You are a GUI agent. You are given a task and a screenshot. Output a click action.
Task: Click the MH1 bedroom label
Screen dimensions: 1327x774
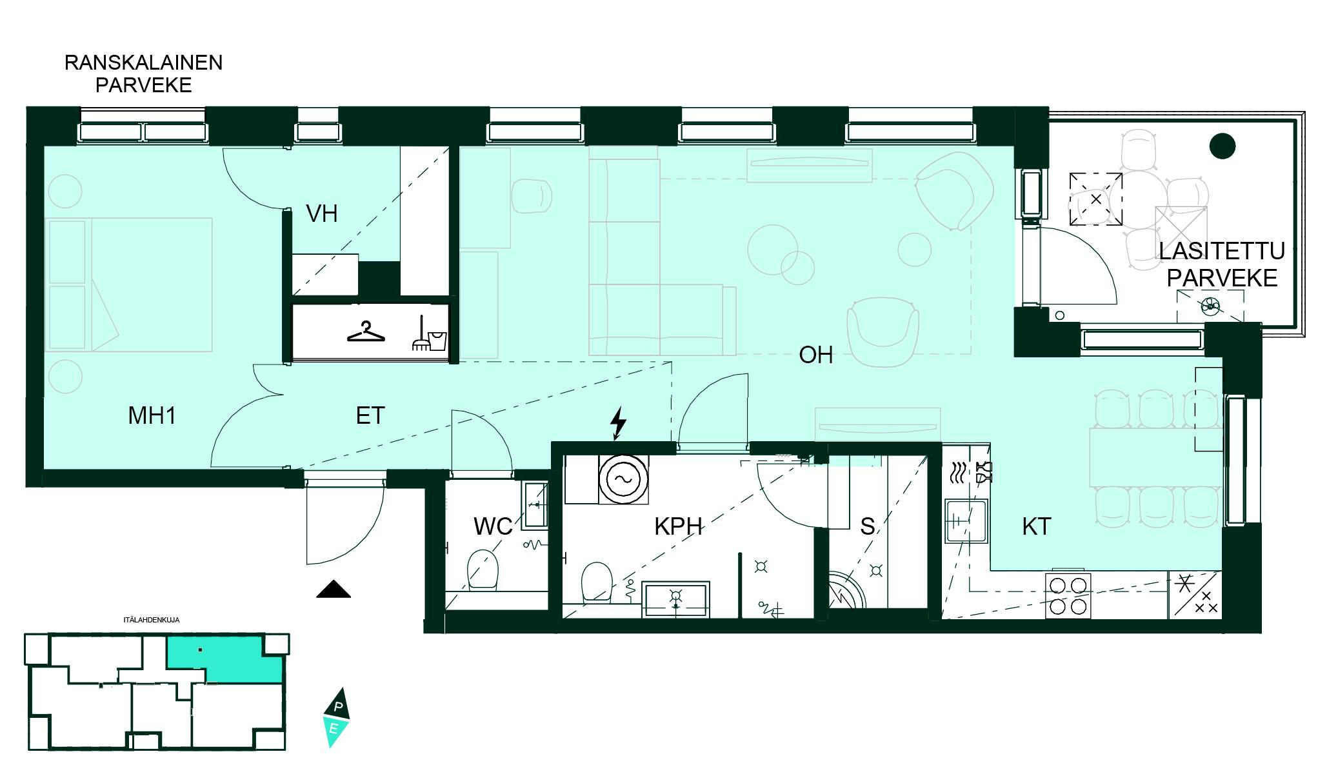point(152,415)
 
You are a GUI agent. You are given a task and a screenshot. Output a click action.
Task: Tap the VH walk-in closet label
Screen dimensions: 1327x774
point(321,213)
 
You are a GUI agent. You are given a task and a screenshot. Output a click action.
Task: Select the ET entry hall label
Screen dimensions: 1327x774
point(370,415)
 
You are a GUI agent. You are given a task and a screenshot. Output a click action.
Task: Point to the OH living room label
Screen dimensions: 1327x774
point(815,355)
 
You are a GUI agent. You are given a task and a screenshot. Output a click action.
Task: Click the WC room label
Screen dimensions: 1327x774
point(493,526)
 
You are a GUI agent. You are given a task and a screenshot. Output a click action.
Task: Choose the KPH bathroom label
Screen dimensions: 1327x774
point(678,526)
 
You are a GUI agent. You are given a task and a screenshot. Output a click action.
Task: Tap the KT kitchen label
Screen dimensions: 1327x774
point(1037,526)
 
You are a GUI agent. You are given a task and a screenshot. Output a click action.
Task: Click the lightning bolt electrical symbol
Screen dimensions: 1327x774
point(618,423)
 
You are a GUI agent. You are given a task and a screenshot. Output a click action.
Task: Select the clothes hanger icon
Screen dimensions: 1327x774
point(366,332)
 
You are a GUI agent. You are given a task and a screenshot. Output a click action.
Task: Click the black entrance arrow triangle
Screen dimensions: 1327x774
point(334,590)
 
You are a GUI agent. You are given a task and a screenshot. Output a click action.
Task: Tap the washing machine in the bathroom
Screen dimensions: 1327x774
point(623,479)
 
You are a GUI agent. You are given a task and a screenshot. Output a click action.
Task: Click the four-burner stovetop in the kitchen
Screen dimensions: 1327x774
point(1068,595)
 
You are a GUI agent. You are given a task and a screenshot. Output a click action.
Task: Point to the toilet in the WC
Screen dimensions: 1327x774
point(483,569)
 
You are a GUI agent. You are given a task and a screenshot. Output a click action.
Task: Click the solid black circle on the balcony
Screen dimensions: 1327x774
point(1222,146)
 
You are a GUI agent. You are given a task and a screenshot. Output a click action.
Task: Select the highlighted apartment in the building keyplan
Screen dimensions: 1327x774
point(226,659)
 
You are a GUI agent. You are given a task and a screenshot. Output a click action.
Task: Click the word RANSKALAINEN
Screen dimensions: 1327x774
point(144,63)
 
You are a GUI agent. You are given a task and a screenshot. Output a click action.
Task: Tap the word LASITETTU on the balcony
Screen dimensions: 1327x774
point(1222,251)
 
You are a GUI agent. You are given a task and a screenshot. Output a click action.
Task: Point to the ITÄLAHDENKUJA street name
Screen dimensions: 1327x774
point(152,620)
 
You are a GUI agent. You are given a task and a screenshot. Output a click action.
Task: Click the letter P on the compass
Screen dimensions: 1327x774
point(338,706)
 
